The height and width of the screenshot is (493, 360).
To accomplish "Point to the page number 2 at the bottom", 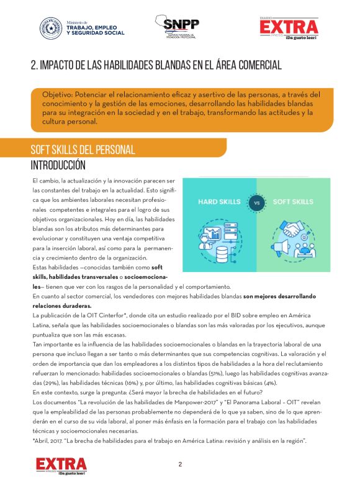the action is [180, 464].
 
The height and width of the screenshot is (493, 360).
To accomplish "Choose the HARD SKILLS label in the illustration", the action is [220, 202].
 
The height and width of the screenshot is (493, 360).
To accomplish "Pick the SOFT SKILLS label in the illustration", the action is [292, 202].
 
